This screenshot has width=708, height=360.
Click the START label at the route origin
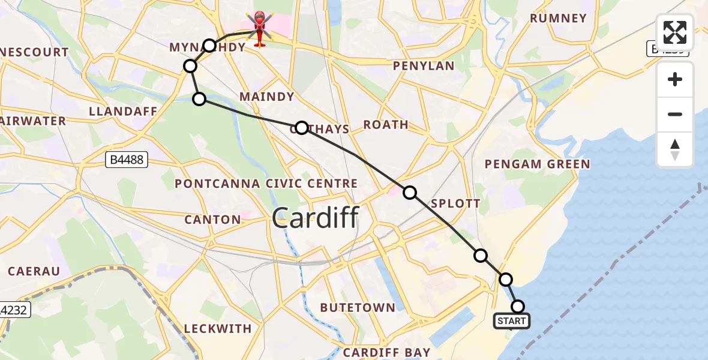click(x=512, y=321)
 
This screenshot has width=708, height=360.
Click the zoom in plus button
click(x=675, y=79)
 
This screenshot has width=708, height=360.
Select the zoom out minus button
click(x=675, y=114)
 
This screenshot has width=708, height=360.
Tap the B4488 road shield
click(x=126, y=159)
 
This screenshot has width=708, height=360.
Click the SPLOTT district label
click(x=456, y=203)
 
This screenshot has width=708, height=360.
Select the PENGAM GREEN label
click(x=537, y=164)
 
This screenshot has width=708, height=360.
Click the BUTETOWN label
click(x=358, y=308)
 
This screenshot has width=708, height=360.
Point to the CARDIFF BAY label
click(x=387, y=352)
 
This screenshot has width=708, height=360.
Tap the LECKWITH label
click(x=218, y=329)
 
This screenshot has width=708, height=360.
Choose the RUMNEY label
click(x=558, y=19)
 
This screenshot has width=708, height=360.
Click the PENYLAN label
click(x=424, y=66)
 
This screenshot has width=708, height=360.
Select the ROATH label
click(x=386, y=125)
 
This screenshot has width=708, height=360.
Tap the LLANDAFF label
click(x=122, y=112)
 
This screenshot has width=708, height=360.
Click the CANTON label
click(x=212, y=220)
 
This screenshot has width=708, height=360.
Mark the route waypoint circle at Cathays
click(x=302, y=128)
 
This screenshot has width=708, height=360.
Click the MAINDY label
click(x=266, y=97)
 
